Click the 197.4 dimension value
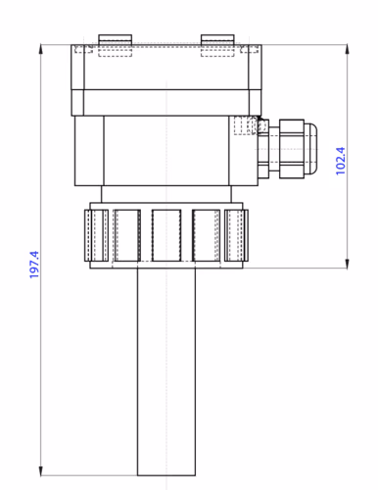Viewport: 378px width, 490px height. click(34, 266)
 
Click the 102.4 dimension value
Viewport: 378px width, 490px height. click(341, 161)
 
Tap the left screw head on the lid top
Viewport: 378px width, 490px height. click(116, 39)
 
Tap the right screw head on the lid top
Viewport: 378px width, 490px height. click(216, 39)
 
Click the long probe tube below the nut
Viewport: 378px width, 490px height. click(168, 372)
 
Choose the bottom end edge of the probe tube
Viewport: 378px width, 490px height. click(168, 473)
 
